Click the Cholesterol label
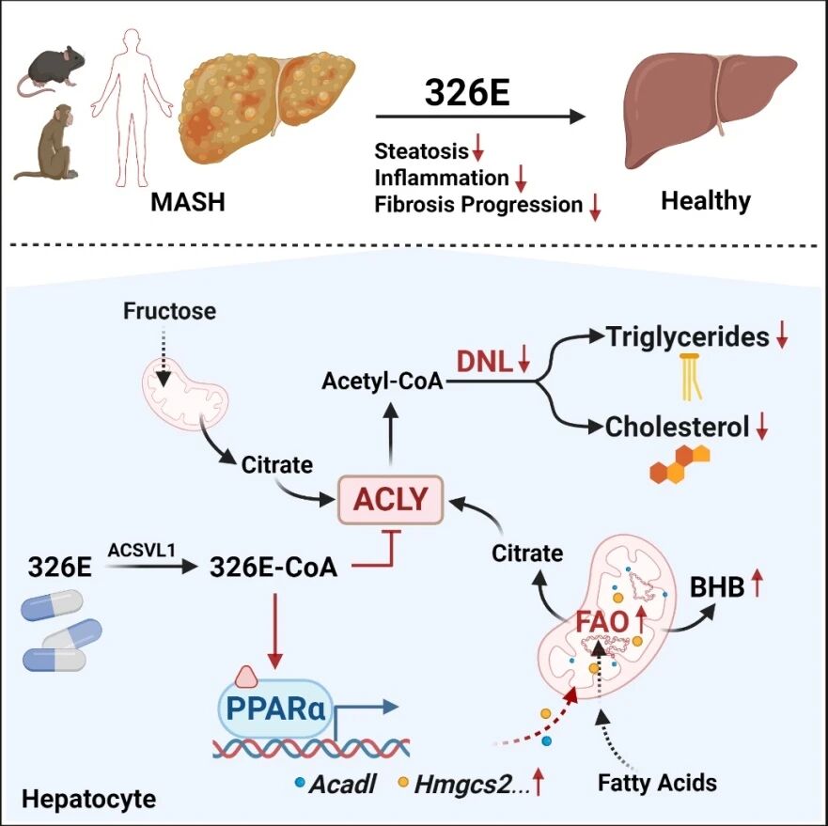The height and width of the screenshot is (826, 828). [677, 427]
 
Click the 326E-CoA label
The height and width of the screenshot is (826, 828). [273, 568]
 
